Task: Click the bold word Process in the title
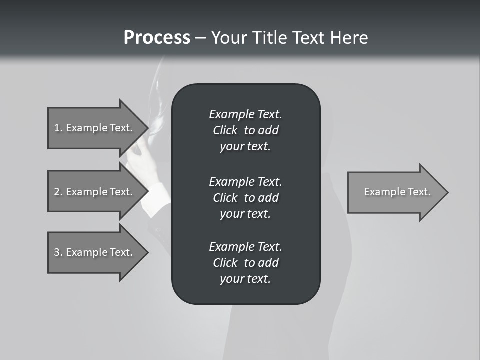(157, 38)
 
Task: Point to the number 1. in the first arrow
(58, 128)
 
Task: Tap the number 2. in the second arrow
(58, 192)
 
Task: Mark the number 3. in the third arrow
(58, 252)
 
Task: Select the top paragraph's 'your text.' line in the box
(245, 146)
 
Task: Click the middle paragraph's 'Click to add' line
(245, 198)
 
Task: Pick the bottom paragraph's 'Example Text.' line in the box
(245, 247)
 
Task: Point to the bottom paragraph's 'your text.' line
(245, 279)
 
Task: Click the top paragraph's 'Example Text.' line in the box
(245, 114)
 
